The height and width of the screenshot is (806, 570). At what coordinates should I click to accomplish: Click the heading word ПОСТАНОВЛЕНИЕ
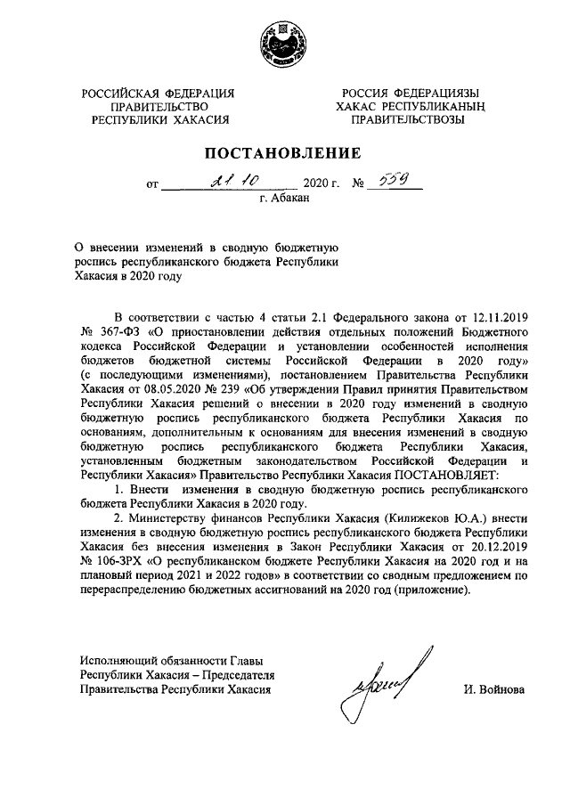[x=284, y=151]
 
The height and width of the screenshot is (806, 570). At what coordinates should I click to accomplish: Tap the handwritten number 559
[x=391, y=181]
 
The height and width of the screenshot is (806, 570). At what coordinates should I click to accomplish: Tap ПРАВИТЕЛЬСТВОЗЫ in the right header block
[x=409, y=119]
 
